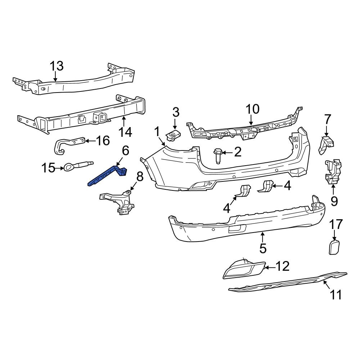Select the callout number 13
click(x=57, y=66)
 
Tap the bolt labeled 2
click(x=217, y=156)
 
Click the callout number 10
click(x=252, y=109)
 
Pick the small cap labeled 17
click(x=334, y=248)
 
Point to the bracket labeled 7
click(x=326, y=145)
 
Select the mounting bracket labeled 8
click(x=119, y=202)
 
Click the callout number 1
click(x=157, y=132)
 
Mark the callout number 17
click(x=336, y=225)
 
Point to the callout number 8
click(x=140, y=176)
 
